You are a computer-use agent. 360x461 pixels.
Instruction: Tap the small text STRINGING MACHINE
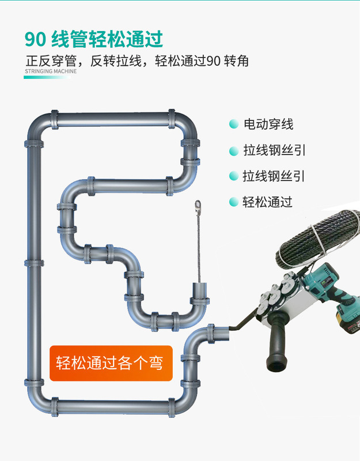51,72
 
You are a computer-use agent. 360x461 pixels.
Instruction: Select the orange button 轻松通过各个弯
111,363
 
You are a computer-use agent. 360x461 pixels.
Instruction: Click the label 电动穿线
268,124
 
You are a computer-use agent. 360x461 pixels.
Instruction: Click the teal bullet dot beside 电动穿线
233,124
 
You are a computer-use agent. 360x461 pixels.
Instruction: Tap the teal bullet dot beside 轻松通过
233,202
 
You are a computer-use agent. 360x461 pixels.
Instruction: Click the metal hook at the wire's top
199,206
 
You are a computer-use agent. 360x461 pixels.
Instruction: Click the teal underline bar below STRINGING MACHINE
46,77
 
